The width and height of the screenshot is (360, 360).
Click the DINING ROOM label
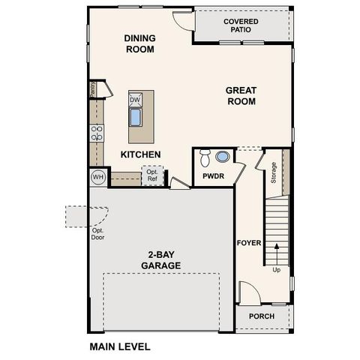139,43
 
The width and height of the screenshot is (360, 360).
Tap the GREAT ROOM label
241,96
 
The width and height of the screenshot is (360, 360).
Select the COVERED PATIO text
241,25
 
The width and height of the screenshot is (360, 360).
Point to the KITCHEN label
141,154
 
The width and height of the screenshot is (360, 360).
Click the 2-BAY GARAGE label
162,259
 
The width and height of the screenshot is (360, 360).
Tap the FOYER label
248,243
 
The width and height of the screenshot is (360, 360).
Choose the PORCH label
262,316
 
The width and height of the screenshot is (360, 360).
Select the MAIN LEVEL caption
120,347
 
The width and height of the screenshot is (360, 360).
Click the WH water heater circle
97,177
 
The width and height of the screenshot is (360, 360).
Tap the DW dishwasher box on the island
135,100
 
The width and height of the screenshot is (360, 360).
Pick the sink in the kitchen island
136,118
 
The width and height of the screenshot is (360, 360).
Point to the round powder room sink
223,157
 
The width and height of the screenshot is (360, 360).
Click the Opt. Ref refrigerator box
151,175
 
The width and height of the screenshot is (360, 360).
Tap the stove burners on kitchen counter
97,133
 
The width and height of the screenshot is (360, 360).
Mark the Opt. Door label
97,234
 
